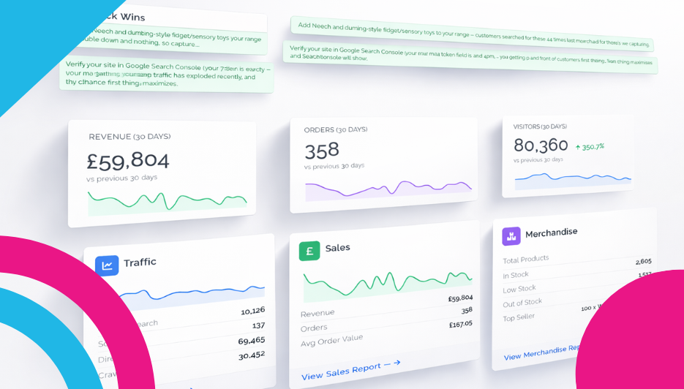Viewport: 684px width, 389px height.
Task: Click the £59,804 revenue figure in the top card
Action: pyautogui.click(x=127, y=160)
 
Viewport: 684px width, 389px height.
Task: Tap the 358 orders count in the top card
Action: pyautogui.click(x=322, y=150)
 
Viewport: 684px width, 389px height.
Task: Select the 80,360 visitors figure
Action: pyautogui.click(x=541, y=145)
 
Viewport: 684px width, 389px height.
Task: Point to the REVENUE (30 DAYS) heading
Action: pyautogui.click(x=129, y=137)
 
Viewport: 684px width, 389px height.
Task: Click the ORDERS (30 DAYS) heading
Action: pyautogui.click(x=336, y=130)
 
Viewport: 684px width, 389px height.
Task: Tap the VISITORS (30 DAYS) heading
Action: pyautogui.click(x=540, y=126)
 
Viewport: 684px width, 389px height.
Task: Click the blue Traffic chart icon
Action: pyautogui.click(x=107, y=265)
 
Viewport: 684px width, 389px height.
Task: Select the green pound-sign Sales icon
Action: pyautogui.click(x=309, y=251)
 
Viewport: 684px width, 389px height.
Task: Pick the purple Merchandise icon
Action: pyautogui.click(x=511, y=236)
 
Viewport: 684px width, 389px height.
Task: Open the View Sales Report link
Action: pyautogui.click(x=351, y=369)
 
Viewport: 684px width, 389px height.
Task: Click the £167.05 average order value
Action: pyautogui.click(x=460, y=324)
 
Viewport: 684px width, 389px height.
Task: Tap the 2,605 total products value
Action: pyautogui.click(x=643, y=261)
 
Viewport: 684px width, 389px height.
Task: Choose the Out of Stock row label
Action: pyautogui.click(x=522, y=303)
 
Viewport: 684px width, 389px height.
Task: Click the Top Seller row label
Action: pyautogui.click(x=519, y=317)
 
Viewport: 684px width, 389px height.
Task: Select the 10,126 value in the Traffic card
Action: pyautogui.click(x=252, y=311)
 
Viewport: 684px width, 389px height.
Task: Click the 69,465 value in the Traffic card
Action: pyautogui.click(x=252, y=341)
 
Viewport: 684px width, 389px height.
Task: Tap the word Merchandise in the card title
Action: pyautogui.click(x=551, y=233)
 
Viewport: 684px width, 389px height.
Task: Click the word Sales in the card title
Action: pyautogui.click(x=337, y=248)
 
